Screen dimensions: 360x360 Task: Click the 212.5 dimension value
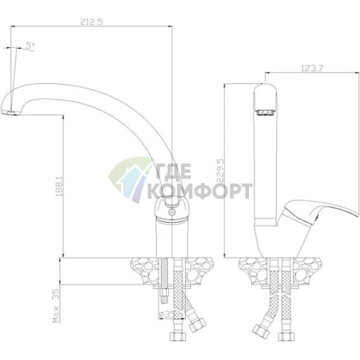coord(91,22)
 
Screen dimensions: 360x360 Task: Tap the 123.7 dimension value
coord(312,68)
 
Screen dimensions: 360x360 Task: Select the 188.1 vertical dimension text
coord(60,186)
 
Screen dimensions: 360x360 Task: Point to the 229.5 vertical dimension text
coord(221,171)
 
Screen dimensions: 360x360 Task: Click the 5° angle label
coord(30,45)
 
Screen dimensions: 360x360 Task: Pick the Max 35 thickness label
coord(56,306)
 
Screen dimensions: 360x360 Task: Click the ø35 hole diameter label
coord(166,314)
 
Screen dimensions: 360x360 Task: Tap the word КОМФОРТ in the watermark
coord(200,192)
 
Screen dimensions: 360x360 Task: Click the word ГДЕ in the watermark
coord(173,171)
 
